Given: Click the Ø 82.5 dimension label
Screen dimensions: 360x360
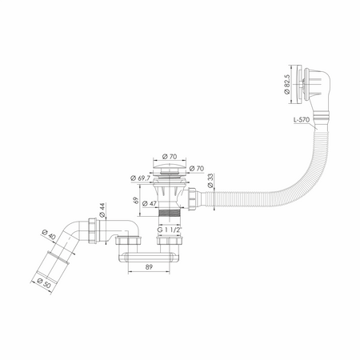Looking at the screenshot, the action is tap(287, 84).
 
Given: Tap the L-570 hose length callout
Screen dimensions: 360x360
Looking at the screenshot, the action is tap(302, 120).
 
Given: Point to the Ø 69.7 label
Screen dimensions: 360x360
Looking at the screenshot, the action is tap(140, 178).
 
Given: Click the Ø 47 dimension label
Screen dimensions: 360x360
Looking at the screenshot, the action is tap(150, 203).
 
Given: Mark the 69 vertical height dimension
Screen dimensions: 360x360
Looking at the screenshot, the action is tap(136, 200).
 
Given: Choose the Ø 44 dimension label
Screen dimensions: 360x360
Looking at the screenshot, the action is tap(102, 210).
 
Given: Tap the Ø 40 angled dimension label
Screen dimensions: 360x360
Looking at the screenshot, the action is tap(49, 234).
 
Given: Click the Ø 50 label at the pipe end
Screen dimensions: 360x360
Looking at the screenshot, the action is tap(44, 282).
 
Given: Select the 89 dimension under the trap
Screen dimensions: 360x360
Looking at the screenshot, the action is tap(149, 266).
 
